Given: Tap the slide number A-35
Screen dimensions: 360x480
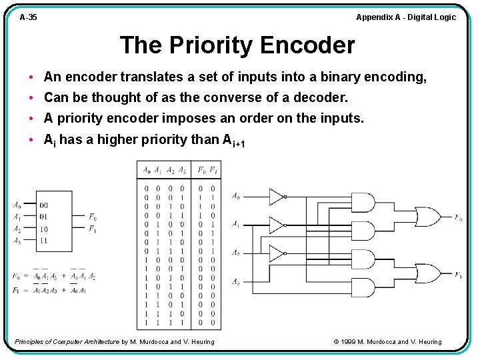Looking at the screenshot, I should [28, 17].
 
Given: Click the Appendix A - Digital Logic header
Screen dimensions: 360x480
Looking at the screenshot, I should [405, 17].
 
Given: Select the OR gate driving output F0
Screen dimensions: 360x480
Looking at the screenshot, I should [427, 217].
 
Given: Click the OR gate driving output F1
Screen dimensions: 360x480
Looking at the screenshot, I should [427, 274].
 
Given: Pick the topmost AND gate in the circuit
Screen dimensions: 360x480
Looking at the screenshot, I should [363, 203].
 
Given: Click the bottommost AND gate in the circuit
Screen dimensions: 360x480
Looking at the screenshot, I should [363, 287].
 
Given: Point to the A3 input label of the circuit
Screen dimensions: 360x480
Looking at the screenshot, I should [236, 282].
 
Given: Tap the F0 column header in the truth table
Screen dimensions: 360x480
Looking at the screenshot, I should [201, 170].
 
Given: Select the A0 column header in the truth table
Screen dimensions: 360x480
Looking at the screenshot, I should [147, 170].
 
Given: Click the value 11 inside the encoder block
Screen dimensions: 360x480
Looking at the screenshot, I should [44, 240].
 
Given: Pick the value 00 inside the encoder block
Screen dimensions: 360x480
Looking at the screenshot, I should [44, 205].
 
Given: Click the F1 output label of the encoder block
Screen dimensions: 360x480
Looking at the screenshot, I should [93, 229].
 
